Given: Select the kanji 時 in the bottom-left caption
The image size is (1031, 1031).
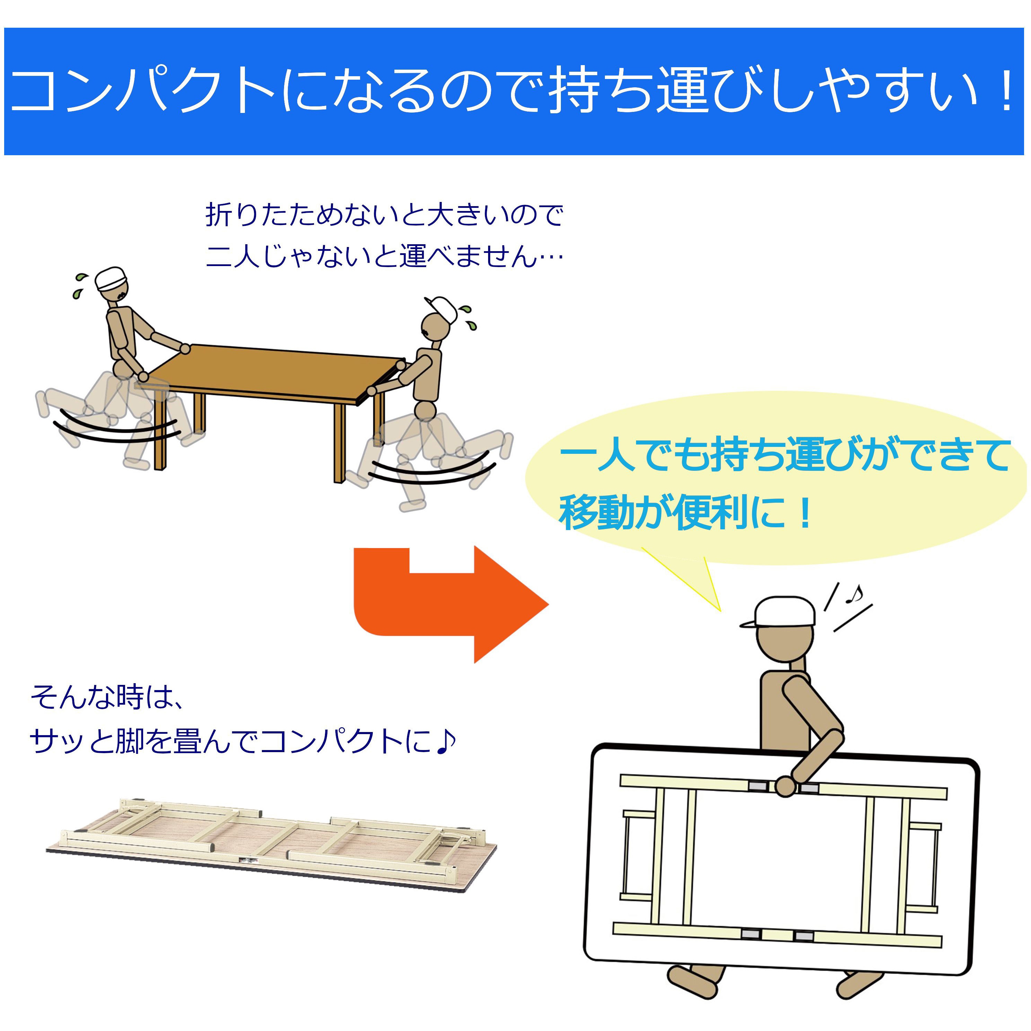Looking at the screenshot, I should [x=131, y=697].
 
